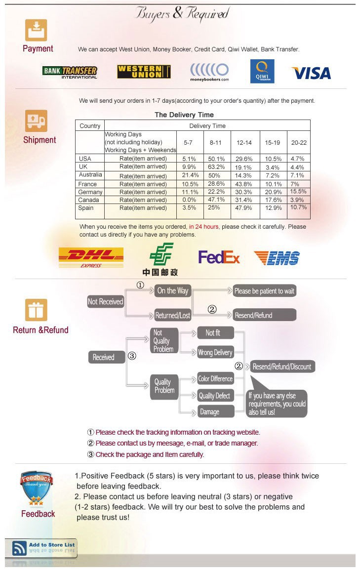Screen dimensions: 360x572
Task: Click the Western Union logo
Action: coord(144,72)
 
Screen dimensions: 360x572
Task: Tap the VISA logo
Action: coord(312,73)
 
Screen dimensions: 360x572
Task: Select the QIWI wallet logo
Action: coord(262,72)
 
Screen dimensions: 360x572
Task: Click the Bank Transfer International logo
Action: coord(70,72)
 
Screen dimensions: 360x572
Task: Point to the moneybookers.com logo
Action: coord(209,72)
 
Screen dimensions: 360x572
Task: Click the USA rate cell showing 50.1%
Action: coord(216,159)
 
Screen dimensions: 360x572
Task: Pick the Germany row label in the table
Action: coord(90,192)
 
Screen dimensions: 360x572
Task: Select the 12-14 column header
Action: coord(244,143)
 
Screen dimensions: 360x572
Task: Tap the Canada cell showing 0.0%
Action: coord(189,200)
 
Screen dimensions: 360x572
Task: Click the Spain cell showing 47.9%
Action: coord(243,207)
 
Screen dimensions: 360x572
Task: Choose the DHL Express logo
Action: coord(91,257)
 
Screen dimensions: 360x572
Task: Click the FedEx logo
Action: coord(219,257)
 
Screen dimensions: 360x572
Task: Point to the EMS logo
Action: coord(277,258)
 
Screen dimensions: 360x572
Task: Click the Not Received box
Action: coord(105,302)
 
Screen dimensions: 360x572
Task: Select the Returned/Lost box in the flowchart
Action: coord(172,315)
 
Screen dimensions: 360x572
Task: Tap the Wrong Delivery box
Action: coord(215,352)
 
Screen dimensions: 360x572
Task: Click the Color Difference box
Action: coord(215,379)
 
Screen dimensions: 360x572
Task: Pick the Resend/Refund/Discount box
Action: coord(282,367)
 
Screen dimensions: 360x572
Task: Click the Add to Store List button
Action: coord(41,548)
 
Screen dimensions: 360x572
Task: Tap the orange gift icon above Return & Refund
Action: coord(36,310)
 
